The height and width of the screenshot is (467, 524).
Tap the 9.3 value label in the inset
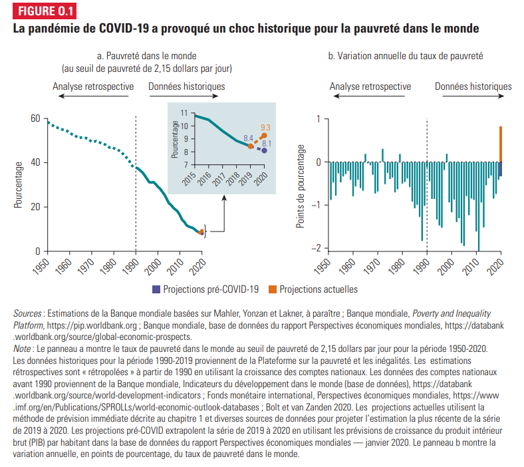266,127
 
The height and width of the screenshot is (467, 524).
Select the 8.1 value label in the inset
266,143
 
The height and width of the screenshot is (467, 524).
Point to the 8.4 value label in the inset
248,138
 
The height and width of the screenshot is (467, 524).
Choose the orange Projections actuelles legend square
272,289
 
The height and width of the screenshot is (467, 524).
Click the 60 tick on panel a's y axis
35,118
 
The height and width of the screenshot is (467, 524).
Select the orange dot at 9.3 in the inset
264,135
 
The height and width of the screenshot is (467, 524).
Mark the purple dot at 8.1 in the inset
264,150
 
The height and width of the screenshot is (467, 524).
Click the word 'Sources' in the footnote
27,313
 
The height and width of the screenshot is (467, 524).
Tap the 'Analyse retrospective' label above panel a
93,86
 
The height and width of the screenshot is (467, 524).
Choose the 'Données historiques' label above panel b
473,86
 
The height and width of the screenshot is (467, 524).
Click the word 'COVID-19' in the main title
126,29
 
